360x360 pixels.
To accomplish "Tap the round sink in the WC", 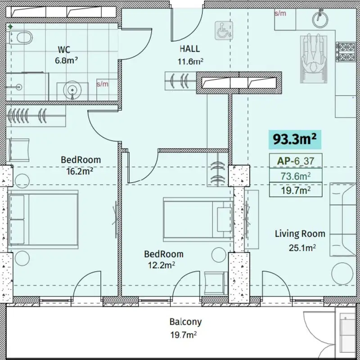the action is coord(72,90).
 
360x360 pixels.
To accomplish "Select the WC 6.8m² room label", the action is coord(66,55).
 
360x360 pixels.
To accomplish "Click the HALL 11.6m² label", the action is coord(190,55).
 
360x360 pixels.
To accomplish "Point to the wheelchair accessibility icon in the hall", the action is coord(224,31).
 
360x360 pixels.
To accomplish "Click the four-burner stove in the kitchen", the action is coord(346,52).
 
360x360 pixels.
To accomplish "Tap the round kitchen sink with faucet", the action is coord(320,19).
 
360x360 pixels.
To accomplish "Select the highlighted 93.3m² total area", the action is coord(295,139).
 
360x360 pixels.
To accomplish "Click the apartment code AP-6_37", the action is coord(296,161).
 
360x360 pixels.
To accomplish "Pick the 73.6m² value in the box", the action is coord(296,176).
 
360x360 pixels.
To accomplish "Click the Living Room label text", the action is coord(300,234).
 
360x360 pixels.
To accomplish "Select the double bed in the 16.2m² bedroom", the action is coord(43,220).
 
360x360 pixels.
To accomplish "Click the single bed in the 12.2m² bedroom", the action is coord(198,220).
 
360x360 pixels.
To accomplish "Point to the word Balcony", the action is coord(185,322).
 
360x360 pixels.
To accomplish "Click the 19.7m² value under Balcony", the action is coord(183,335).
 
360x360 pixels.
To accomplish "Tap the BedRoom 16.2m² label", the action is coord(81,165).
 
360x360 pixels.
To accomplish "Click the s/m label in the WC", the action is coord(103,84).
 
